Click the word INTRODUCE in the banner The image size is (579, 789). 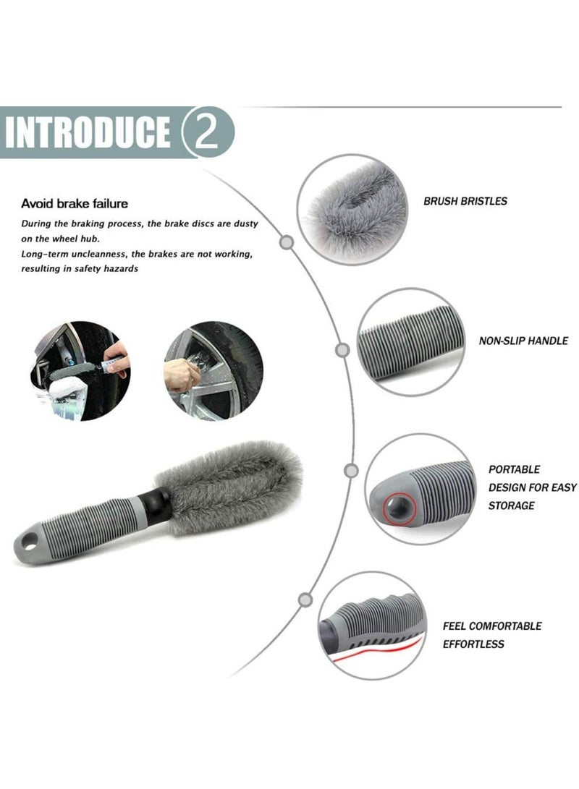click(x=87, y=132)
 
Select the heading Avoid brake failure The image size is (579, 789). click(x=75, y=204)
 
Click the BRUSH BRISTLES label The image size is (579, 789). click(x=465, y=201)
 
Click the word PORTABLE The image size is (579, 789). click(x=514, y=469)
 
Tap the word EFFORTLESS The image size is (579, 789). click(x=473, y=644)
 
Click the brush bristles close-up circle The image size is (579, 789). click(x=352, y=208)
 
